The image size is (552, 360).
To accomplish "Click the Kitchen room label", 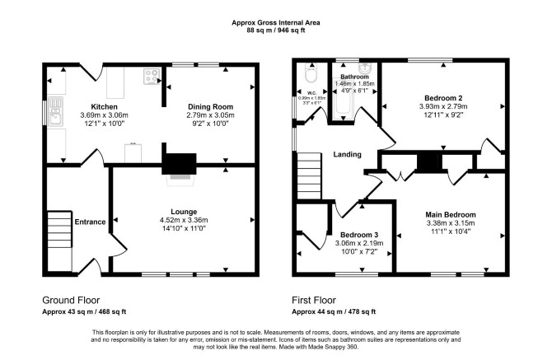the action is pyautogui.click(x=104, y=106).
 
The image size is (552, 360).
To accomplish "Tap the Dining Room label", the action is pyautogui.click(x=211, y=106).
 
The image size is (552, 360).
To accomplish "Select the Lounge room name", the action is pyautogui.click(x=184, y=212).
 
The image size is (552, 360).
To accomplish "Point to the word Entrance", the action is pyautogui.click(x=90, y=222).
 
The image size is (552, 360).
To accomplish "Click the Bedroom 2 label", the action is pyautogui.click(x=443, y=98).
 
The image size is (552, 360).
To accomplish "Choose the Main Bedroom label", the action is pyautogui.click(x=451, y=215).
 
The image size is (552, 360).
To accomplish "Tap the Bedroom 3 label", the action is pyautogui.click(x=359, y=235).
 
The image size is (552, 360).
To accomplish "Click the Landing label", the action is pyautogui.click(x=347, y=155).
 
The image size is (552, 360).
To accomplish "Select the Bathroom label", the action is pyautogui.click(x=354, y=77).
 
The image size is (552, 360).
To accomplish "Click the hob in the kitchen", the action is pyautogui.click(x=152, y=77).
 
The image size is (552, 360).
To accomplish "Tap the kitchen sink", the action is pyautogui.click(x=56, y=111).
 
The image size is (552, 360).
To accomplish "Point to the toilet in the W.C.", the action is pyautogui.click(x=311, y=73).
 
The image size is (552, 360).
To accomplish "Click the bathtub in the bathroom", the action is pyautogui.click(x=342, y=100).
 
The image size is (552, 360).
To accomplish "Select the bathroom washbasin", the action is pyautogui.click(x=364, y=68).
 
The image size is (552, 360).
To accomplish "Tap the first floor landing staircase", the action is pyautogui.click(x=310, y=176).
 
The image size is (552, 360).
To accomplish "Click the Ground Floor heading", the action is pyautogui.click(x=71, y=300).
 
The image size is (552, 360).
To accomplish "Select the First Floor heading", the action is pyautogui.click(x=314, y=300).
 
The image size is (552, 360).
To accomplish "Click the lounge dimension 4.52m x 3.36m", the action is pyautogui.click(x=184, y=220).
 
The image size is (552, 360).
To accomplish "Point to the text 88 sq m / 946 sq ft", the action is pyautogui.click(x=276, y=30).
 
